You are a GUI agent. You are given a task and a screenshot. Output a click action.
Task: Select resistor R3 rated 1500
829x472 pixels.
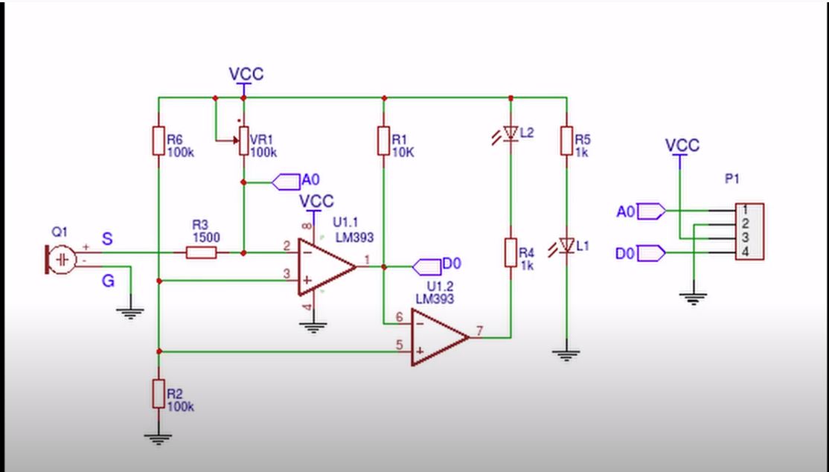201,253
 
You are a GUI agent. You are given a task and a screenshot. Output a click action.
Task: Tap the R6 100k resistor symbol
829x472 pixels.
158,141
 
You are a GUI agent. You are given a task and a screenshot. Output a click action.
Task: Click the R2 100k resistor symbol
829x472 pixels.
158,393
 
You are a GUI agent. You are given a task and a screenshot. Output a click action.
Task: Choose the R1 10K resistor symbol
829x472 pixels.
383,141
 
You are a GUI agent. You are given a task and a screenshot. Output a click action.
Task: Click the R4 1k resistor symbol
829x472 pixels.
510,252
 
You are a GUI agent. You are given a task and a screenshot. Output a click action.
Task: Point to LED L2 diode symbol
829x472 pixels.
510,133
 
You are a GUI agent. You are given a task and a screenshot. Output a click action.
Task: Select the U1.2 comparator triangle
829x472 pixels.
439,337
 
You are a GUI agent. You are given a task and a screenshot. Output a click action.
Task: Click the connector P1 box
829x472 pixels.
749,232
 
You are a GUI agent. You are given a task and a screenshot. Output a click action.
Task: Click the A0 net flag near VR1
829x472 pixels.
287,181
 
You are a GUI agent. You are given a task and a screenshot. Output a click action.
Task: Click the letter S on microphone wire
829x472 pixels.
108,239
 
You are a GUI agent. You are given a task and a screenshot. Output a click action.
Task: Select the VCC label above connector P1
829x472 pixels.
682,145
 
